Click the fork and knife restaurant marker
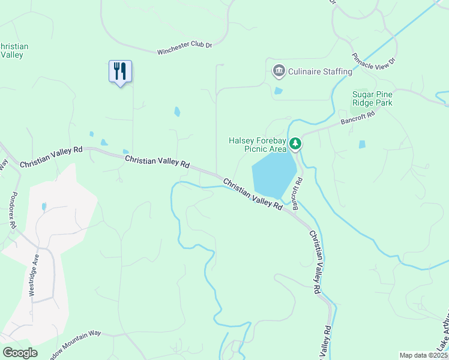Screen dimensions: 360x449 coord(120,71)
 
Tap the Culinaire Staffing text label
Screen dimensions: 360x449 coord(320,72)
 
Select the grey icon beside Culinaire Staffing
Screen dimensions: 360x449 coord(279,71)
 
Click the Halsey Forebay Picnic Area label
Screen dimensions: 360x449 coord(256,145)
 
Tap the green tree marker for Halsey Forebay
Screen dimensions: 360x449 coord(295,144)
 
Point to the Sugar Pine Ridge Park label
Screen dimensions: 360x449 coord(372,98)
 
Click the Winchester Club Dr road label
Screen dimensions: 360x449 coord(185,49)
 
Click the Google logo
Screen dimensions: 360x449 coord(20,353)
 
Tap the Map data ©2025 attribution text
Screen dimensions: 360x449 coord(423,355)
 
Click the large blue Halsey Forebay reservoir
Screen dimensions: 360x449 coord(273,174)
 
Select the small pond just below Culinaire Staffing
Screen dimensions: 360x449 coord(278,91)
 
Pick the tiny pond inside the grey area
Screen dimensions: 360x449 coord(44,206)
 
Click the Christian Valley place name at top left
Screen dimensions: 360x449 coord(13,50)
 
